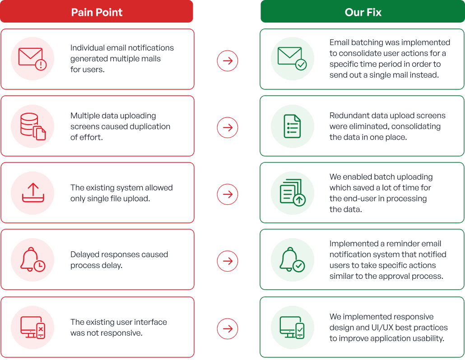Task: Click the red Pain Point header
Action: click(97, 11)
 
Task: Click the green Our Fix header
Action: click(363, 11)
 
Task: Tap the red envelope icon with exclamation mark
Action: click(33, 59)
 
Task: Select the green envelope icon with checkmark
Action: click(292, 58)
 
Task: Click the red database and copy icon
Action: click(33, 126)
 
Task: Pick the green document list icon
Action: click(292, 126)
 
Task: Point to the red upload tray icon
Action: click(33, 193)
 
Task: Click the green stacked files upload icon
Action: click(293, 193)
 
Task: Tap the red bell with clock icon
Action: click(33, 259)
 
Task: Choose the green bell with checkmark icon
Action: click(293, 259)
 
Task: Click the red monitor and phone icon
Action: click(33, 328)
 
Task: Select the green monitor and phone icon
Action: click(292, 328)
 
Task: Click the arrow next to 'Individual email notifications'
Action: click(228, 61)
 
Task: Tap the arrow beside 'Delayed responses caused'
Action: click(228, 261)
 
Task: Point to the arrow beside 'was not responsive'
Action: click(228, 328)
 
